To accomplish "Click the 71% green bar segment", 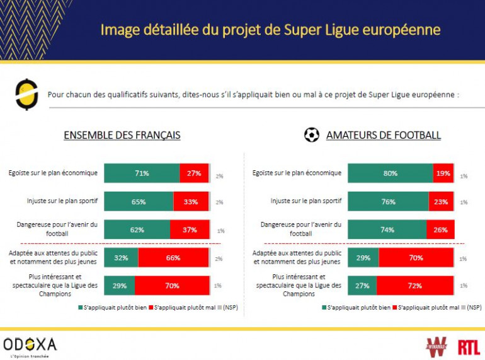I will [x=142, y=173].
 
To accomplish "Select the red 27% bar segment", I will [x=194, y=173].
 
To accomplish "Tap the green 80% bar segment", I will [x=390, y=173].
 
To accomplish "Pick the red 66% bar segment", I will [x=173, y=257].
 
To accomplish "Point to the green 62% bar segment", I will [x=137, y=230].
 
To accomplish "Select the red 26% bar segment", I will [x=440, y=230].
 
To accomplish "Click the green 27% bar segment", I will [x=362, y=286].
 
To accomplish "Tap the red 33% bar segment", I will [x=191, y=202].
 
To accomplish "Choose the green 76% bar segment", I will [x=388, y=202].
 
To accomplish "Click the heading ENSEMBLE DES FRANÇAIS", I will [x=122, y=136].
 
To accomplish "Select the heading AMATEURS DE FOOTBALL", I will [x=383, y=136].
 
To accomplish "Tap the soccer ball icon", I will [x=311, y=135].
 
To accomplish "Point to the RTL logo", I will [x=469, y=346].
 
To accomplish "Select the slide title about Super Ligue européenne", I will [x=270, y=30].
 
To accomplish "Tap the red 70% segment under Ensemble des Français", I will [x=173, y=286].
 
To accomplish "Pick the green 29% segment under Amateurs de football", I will [x=363, y=257].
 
